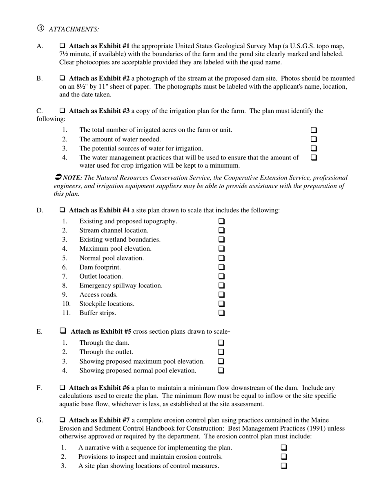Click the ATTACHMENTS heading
(74, 29)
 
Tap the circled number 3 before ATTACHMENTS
(40, 28)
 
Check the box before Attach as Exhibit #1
(63, 46)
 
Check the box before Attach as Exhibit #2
(63, 78)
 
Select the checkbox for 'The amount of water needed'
(314, 139)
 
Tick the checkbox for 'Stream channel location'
(221, 230)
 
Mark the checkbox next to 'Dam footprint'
(221, 267)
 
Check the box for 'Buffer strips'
(221, 313)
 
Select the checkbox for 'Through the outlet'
(221, 352)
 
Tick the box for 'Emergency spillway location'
(221, 285)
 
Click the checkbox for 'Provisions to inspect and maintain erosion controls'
(284, 457)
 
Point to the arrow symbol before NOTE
(58, 177)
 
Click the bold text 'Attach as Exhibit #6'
(100, 388)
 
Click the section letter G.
(40, 420)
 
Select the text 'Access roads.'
(98, 294)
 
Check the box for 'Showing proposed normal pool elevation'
(221, 371)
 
